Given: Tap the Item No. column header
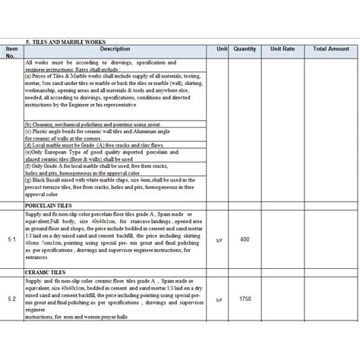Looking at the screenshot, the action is [11, 52].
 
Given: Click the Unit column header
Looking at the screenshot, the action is [222, 49].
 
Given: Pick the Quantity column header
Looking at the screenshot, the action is [245, 49].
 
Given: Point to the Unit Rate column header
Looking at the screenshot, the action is [282, 49].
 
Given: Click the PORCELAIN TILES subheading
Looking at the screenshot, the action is [49, 205].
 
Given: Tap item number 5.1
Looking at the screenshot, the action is [11, 239].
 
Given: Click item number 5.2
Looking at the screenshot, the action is [11, 300].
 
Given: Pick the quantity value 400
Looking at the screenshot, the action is [245, 239].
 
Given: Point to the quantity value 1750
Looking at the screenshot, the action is [245, 300].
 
